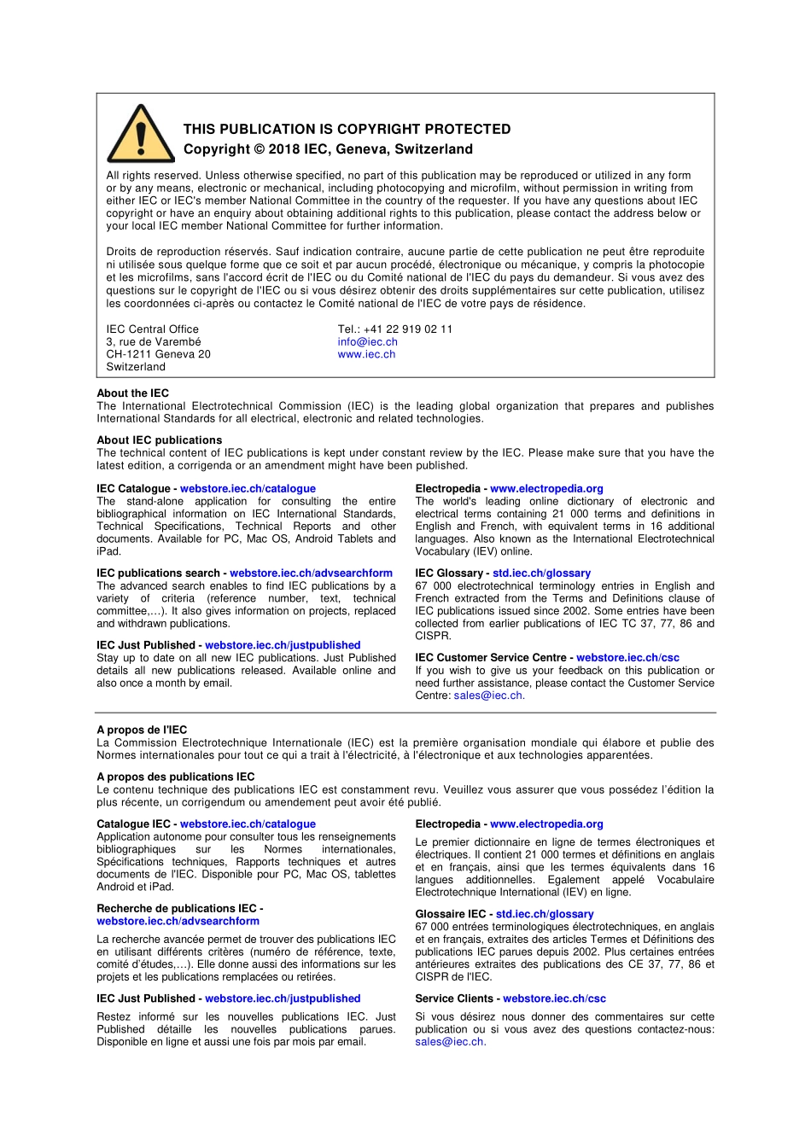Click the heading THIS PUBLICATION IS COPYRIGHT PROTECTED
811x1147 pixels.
coord(347,130)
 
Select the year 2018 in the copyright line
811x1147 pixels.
coord(285,149)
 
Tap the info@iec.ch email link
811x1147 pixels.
coord(367,342)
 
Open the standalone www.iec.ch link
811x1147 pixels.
coord(366,354)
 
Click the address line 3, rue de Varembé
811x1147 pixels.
coord(154,342)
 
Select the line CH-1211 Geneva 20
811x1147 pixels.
coord(158,354)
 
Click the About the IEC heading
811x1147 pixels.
coord(132,393)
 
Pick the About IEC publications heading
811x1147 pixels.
coord(159,440)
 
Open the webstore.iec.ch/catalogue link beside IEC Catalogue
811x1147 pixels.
coord(248,489)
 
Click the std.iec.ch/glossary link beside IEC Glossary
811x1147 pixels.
coord(541,573)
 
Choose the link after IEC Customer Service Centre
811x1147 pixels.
coord(627,658)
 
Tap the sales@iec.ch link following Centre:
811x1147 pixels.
coord(488,696)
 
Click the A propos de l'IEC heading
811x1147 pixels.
coord(142,730)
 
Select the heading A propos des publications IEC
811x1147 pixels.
coord(175,777)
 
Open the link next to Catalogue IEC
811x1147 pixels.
coord(248,824)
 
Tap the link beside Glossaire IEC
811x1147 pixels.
coord(545,914)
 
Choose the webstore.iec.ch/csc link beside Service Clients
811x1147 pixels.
coord(554,999)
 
